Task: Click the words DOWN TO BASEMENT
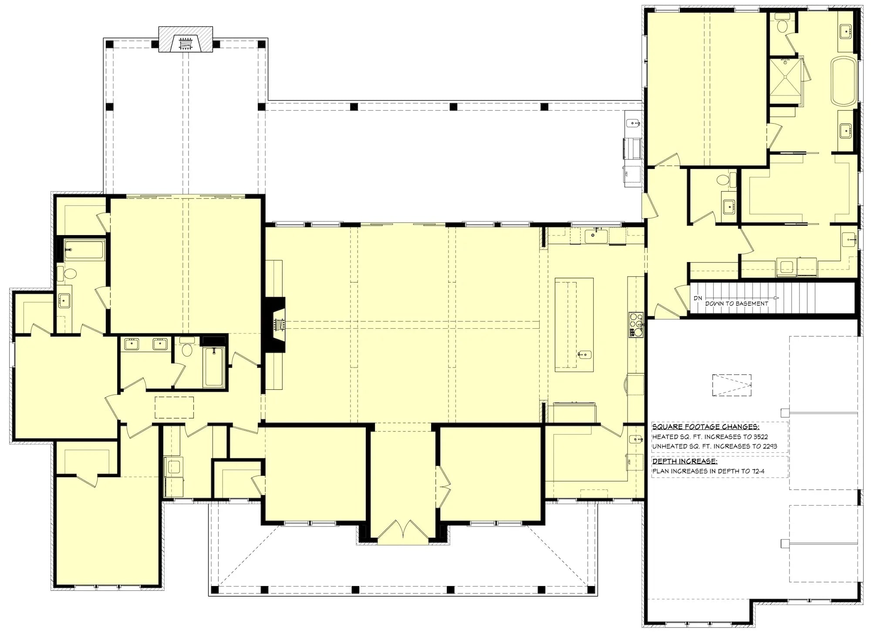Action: click(x=736, y=303)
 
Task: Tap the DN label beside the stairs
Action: click(x=698, y=298)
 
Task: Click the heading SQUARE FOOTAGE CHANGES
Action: click(x=706, y=427)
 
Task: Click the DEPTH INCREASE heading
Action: click(x=684, y=461)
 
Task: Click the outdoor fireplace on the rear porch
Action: click(x=186, y=43)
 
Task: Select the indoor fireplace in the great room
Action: click(x=276, y=324)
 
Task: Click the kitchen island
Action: click(x=574, y=324)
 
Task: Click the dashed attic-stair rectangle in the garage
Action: click(x=731, y=385)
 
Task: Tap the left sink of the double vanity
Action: click(x=130, y=344)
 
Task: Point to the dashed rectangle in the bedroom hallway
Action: click(x=174, y=407)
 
